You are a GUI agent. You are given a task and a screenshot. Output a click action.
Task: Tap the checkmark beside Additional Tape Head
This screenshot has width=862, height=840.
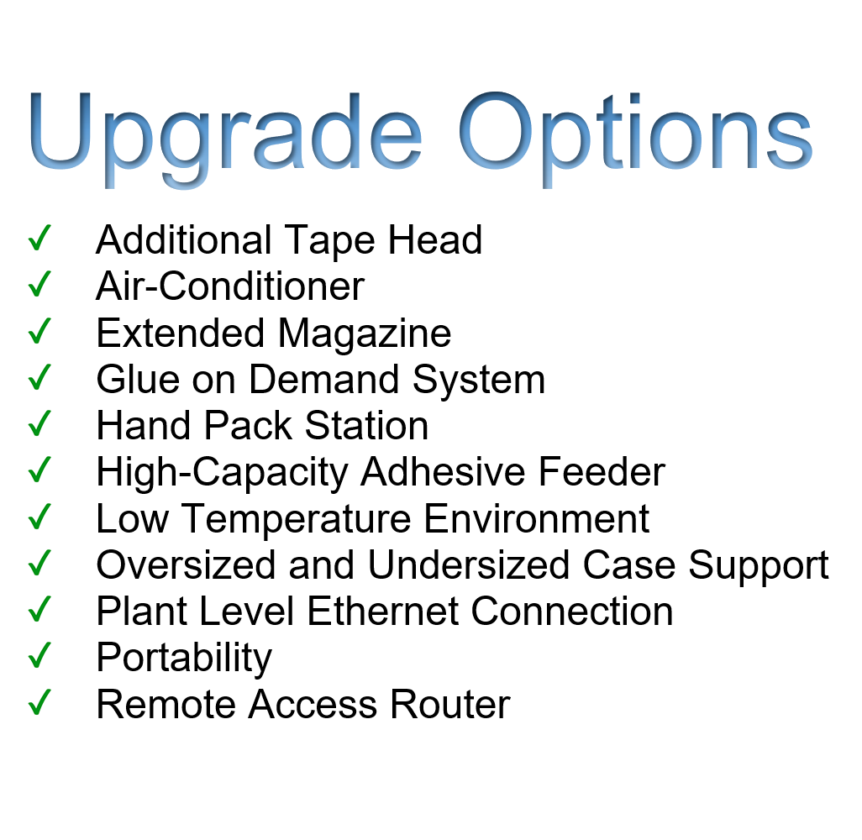(x=39, y=238)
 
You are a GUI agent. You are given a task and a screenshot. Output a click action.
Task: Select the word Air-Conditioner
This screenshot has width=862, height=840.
(x=230, y=286)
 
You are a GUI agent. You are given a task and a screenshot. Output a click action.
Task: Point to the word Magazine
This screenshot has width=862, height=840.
(x=365, y=333)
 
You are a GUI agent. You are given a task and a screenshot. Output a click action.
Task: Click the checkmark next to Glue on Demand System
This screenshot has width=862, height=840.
(x=39, y=378)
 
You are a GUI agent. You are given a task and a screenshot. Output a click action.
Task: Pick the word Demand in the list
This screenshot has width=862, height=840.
(x=323, y=380)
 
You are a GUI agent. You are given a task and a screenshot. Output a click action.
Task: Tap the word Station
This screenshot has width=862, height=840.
(x=366, y=426)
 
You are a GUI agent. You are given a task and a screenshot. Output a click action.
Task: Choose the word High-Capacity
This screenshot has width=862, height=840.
(x=222, y=473)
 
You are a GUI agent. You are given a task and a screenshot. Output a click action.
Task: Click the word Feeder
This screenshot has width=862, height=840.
(x=602, y=472)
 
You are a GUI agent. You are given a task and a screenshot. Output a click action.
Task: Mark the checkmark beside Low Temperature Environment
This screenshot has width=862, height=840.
(x=39, y=517)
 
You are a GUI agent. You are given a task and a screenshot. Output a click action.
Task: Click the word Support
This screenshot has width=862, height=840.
(x=759, y=567)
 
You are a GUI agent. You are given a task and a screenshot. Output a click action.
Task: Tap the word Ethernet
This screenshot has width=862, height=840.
(x=382, y=612)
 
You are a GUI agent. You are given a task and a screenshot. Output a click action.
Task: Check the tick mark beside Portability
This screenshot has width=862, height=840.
(x=39, y=656)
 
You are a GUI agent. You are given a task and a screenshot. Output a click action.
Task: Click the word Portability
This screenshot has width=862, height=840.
(x=184, y=659)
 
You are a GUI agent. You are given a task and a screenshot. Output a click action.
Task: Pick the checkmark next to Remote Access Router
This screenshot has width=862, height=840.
(x=39, y=703)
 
